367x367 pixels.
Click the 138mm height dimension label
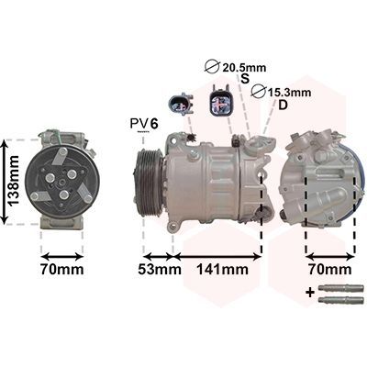[15, 181]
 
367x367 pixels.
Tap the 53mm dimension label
[160, 270]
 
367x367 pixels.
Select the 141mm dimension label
[222, 270]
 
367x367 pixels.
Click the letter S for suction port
[245, 79]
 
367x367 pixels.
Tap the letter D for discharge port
[284, 105]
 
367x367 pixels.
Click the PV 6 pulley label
[144, 124]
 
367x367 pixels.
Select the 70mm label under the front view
[61, 270]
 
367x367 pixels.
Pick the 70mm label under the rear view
[330, 270]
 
